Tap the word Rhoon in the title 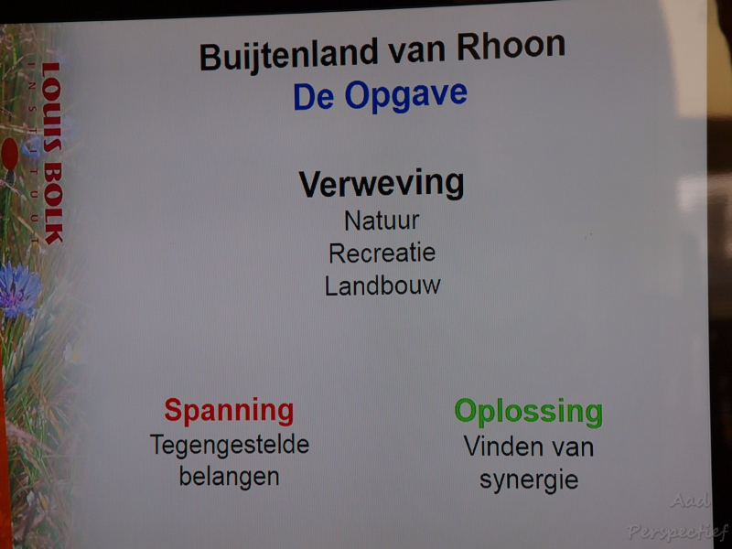(511, 47)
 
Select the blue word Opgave (406, 96)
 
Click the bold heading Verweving (382, 185)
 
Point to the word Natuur (382, 221)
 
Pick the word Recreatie (382, 253)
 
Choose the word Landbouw (382, 285)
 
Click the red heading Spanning (229, 411)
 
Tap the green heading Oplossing (529, 413)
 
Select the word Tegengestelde (230, 446)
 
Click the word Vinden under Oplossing (495, 447)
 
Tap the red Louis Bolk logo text (51, 153)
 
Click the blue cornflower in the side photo (18, 289)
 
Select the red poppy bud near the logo (9, 154)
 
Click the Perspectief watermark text (677, 532)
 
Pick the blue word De (313, 97)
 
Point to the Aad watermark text (691, 501)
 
